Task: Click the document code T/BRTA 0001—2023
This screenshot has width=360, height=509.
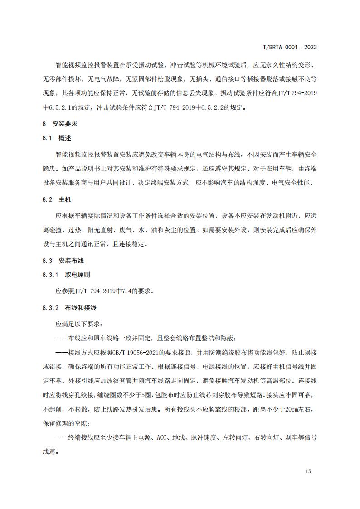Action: [290, 47]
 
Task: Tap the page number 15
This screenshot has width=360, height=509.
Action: [308, 471]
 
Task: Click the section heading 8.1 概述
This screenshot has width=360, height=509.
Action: [57, 138]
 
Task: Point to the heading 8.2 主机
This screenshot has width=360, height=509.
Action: [57, 199]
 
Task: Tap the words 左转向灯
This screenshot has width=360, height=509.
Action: [234, 438]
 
